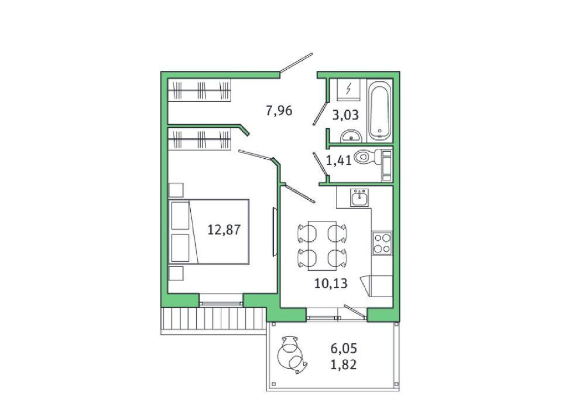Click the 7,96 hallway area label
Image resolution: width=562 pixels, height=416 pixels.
279,111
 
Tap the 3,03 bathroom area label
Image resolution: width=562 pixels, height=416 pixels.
345,115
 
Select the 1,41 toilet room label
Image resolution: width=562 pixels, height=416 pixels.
339,161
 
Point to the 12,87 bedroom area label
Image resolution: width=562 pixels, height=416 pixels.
224,230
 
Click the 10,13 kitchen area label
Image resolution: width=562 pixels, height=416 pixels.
331,284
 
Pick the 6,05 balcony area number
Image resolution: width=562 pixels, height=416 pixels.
344,348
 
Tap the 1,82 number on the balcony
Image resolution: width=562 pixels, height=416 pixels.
344,364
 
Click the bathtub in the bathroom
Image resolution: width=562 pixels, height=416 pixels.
379,111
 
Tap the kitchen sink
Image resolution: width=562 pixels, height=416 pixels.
359,197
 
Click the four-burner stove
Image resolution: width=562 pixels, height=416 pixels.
382,243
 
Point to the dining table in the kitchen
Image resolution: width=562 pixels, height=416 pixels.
322,245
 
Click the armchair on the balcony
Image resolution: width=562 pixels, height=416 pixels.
292,354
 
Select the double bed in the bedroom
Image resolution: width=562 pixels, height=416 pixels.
208,231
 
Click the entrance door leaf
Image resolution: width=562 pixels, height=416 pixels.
296,63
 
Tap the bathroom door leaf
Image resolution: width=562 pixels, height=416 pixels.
320,114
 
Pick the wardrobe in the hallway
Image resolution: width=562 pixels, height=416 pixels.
199,90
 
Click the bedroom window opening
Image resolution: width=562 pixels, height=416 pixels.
221,300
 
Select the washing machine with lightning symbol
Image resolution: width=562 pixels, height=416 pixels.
348,89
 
